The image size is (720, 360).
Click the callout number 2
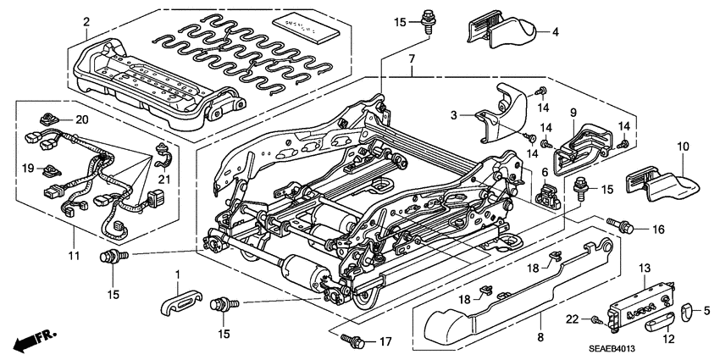pyautogui.click(x=86, y=21)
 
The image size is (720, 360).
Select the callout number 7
pyautogui.click(x=412, y=59)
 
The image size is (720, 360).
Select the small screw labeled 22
pyautogui.click(x=599, y=318)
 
